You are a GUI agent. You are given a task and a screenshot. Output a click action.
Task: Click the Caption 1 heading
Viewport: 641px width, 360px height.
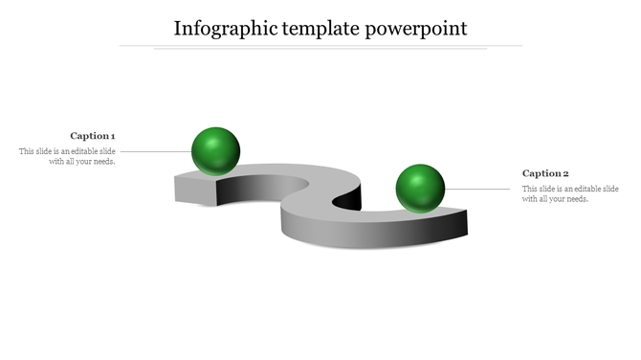coord(93,136)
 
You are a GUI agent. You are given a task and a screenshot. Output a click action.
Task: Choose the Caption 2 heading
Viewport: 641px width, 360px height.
coord(545,173)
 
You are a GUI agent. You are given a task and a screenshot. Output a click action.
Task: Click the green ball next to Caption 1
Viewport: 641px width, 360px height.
coord(215,150)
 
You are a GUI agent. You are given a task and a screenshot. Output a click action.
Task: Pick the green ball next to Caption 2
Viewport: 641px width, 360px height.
coord(420,188)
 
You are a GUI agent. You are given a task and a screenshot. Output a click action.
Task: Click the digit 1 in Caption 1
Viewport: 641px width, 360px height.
coord(113,136)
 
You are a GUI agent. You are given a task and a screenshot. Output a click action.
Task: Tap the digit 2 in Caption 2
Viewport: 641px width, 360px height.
coord(565,173)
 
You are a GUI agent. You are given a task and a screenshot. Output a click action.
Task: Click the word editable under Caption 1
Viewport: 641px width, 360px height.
coord(80,151)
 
